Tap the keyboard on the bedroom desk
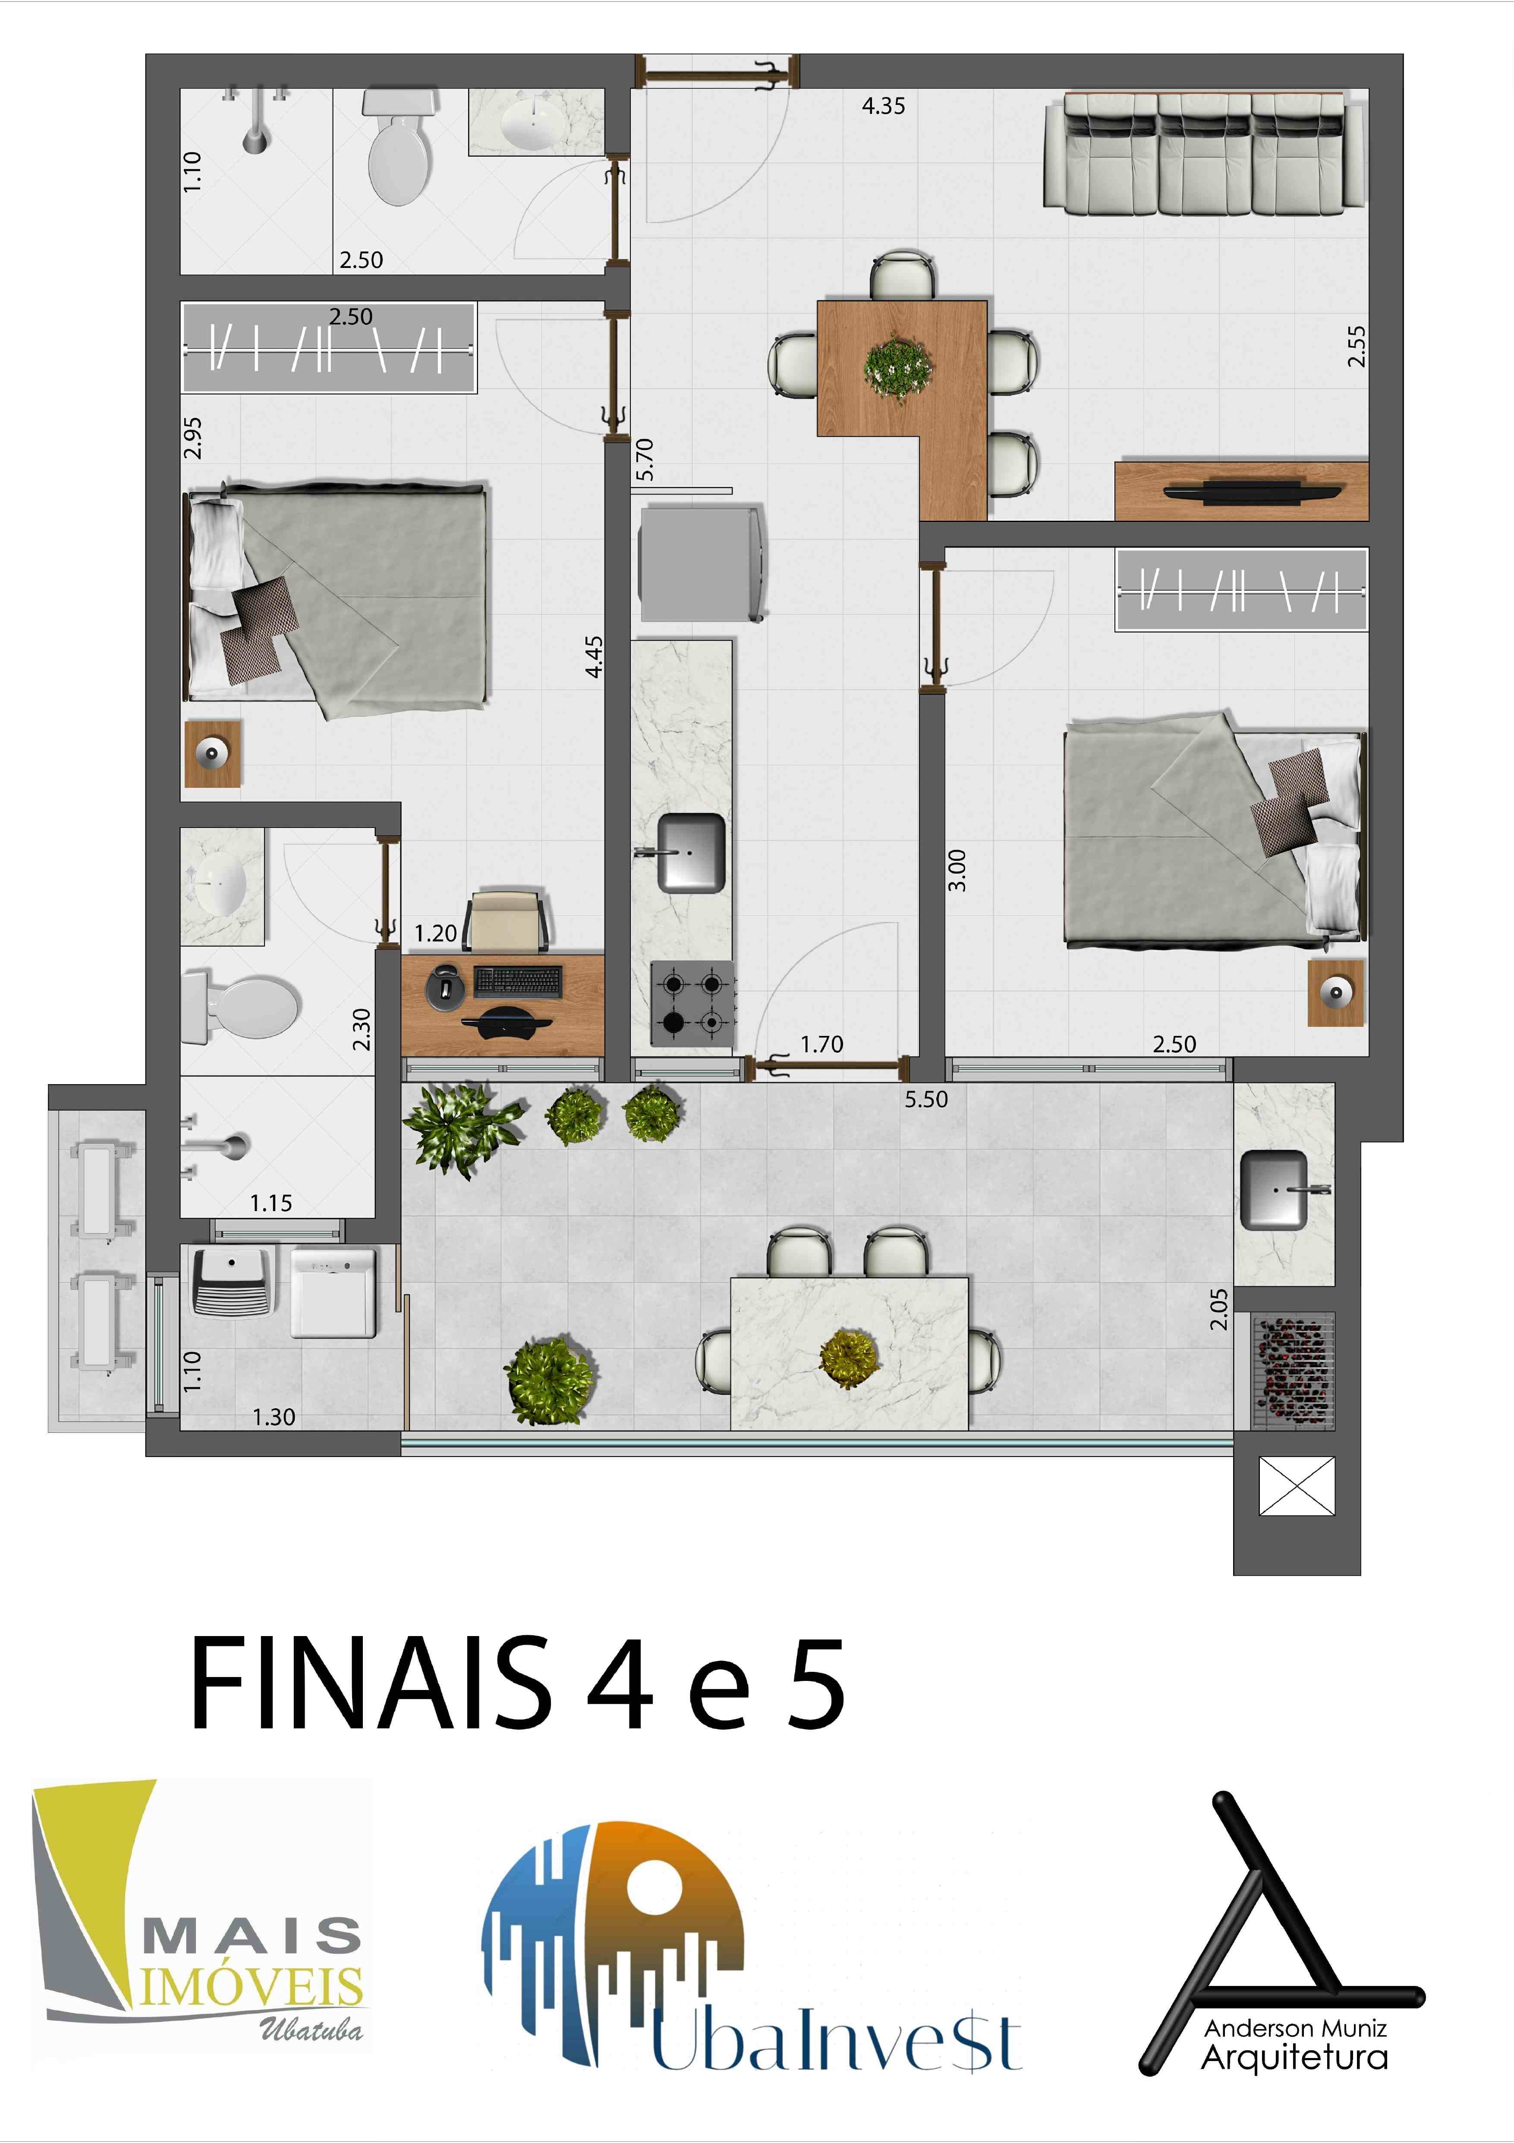pyautogui.click(x=518, y=980)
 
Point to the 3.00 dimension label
pyautogui.click(x=957, y=870)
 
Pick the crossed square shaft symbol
pyautogui.click(x=1297, y=1486)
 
